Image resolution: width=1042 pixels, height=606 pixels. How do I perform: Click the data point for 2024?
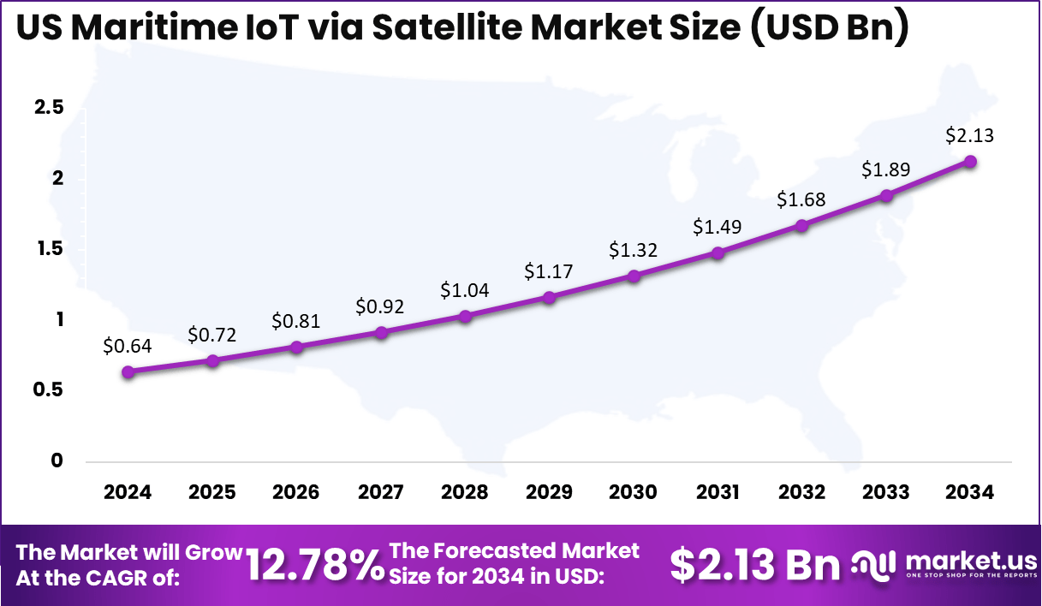point(128,371)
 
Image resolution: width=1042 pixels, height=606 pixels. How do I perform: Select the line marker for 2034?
point(970,161)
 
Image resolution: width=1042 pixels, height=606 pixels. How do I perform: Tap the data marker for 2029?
point(549,297)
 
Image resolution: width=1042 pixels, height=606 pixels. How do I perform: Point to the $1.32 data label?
point(633,250)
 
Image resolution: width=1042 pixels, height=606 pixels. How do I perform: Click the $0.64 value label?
point(127,346)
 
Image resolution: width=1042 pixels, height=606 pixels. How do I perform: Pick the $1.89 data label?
point(885,169)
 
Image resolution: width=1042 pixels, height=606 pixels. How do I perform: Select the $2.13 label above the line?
point(969,135)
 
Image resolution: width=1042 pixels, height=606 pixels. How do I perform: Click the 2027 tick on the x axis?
point(380,492)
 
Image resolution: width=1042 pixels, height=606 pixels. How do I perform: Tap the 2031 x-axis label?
point(717,492)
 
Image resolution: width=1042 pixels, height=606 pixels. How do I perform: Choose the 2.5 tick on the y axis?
point(49,108)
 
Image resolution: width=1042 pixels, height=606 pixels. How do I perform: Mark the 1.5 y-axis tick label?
point(49,249)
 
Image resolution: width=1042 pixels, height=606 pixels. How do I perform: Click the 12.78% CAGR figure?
point(315,565)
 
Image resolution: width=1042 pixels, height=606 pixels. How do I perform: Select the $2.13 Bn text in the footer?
point(754,564)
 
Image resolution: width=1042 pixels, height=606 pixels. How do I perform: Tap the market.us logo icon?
point(873,564)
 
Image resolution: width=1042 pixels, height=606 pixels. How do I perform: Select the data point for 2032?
point(801,225)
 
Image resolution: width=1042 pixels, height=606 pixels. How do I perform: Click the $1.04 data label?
point(465,290)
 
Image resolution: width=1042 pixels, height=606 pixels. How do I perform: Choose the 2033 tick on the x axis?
point(885,492)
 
